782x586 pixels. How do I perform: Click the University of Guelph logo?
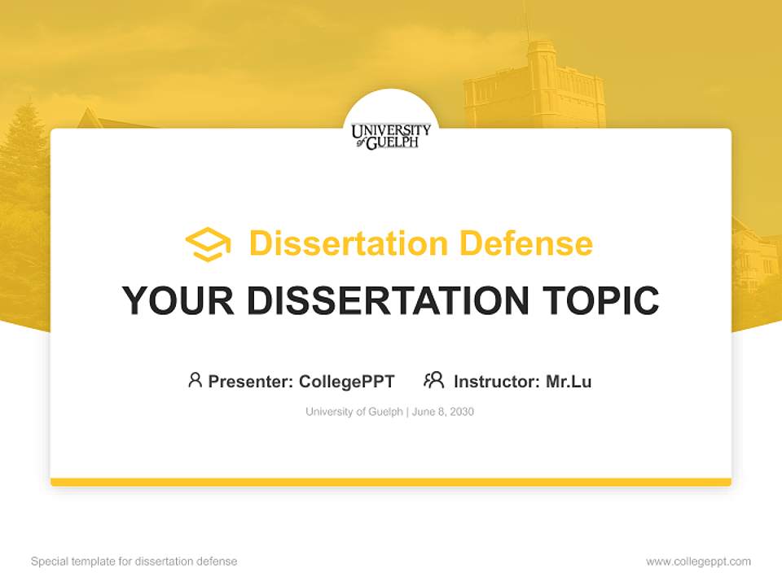(391, 136)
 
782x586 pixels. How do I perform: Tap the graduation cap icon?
(208, 244)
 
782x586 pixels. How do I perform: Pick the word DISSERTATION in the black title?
(387, 301)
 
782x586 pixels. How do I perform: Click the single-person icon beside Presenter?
(195, 380)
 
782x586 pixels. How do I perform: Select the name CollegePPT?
(346, 381)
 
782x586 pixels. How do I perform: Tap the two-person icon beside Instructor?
(434, 380)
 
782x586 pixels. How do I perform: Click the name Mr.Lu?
(569, 381)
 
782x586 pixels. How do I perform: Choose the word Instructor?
(497, 381)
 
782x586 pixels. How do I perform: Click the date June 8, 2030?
(443, 412)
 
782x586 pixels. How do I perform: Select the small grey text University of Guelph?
(354, 412)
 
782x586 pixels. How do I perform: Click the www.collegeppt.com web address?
(698, 562)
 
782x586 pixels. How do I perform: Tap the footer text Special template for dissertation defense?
(134, 562)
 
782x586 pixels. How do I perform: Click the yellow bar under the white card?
(391, 482)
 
